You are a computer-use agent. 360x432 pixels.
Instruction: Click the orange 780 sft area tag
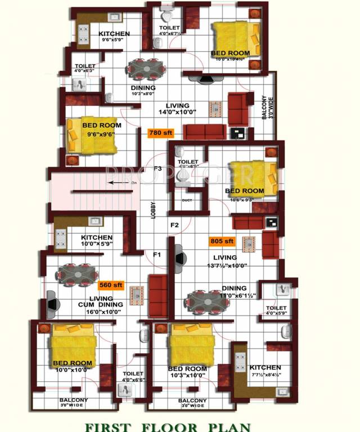tap(161, 133)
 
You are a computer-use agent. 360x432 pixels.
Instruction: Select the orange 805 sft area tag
tap(222, 241)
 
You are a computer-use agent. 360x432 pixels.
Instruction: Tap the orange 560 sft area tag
tap(110, 285)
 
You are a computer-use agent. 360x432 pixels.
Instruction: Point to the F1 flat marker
tap(157, 255)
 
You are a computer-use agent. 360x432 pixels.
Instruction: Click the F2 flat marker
tap(174, 225)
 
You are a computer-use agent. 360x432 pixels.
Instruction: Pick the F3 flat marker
tap(158, 168)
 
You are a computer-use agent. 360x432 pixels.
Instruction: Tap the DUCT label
tap(187, 200)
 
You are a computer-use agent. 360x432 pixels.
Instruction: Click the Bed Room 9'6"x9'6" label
tap(101, 129)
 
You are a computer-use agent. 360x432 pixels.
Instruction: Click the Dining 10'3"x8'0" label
tap(143, 91)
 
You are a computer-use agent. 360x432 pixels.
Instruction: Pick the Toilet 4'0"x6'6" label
tap(133, 376)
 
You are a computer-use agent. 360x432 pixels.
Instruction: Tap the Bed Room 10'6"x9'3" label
tap(244, 195)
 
